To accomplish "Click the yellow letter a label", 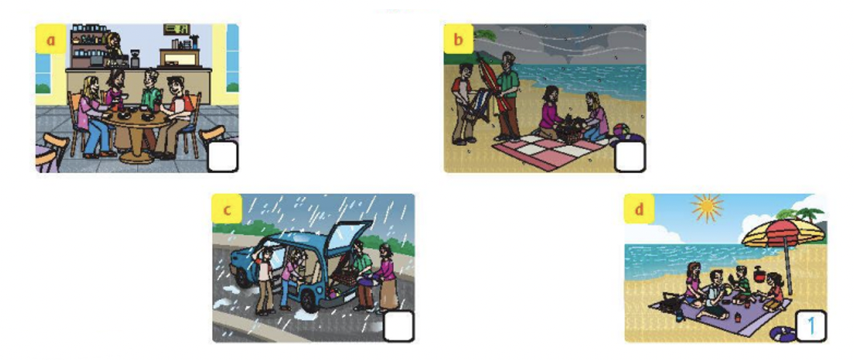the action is tap(50, 39).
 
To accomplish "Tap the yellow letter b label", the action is tap(458, 39).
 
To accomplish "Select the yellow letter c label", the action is tap(226, 210).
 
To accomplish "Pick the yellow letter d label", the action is tap(638, 210).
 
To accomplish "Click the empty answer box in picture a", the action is tap(223, 157).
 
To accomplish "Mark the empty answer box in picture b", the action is tap(630, 157).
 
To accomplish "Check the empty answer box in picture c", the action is tap(399, 326).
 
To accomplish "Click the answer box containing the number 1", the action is tap(811, 326).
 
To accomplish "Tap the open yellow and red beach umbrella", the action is tap(784, 239).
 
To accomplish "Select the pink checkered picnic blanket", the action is tap(550, 150).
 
